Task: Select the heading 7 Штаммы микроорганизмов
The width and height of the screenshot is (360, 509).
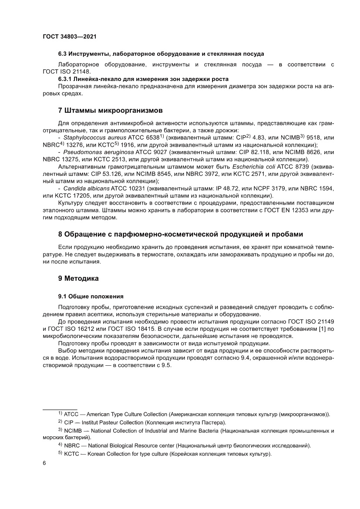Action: click(111, 109)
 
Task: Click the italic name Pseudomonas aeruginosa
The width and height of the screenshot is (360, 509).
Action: click(91, 152)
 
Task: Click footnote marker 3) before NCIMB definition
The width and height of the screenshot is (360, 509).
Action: click(60, 430)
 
